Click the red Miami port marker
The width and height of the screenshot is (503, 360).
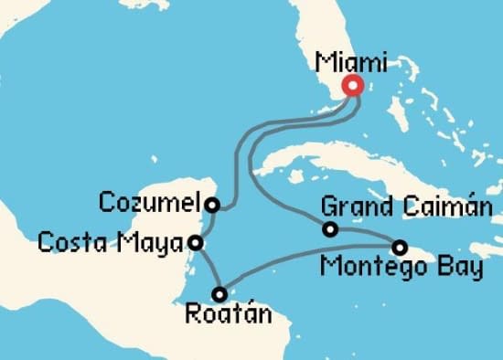352,86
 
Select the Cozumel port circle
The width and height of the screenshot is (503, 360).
212,205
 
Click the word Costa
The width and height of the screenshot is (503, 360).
70,243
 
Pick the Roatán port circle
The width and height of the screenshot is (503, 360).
219,294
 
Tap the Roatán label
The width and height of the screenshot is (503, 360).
229,316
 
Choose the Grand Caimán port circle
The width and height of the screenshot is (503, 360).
330,228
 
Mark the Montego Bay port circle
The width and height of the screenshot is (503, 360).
400,247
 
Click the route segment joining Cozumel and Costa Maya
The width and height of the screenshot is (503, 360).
204,223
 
